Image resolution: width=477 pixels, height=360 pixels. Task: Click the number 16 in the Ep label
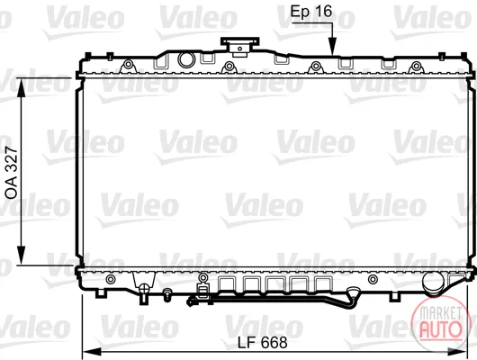click(322, 12)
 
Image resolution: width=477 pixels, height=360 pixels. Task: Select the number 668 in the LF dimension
click(274, 343)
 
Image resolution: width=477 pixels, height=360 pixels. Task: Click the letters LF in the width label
click(246, 343)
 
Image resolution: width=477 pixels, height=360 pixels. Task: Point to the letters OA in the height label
click(12, 190)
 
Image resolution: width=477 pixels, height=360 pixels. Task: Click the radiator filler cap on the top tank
click(239, 47)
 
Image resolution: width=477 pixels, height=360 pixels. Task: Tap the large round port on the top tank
click(186, 59)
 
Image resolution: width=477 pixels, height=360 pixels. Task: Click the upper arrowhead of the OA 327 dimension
click(21, 86)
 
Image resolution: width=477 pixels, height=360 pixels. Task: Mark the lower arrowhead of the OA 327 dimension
click(21, 256)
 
